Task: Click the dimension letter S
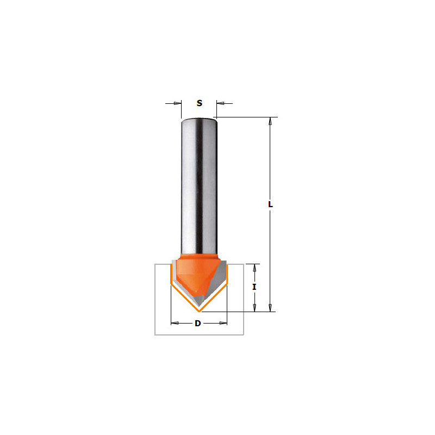coord(200,103)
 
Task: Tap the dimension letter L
coord(270,204)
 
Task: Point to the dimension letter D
coord(198,323)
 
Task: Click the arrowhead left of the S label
coord(177,103)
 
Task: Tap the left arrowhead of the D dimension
coord(175,323)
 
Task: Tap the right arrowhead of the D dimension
coord(223,323)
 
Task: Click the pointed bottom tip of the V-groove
coord(200,312)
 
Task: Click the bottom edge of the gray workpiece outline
coord(199,334)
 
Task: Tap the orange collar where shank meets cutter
coord(199,256)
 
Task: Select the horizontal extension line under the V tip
coord(239,312)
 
